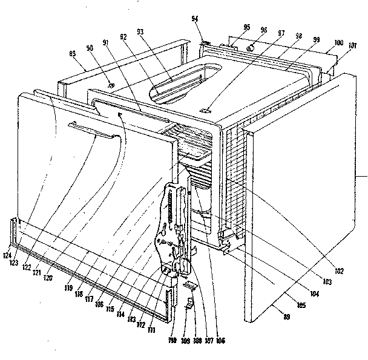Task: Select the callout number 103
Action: [x=327, y=283]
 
